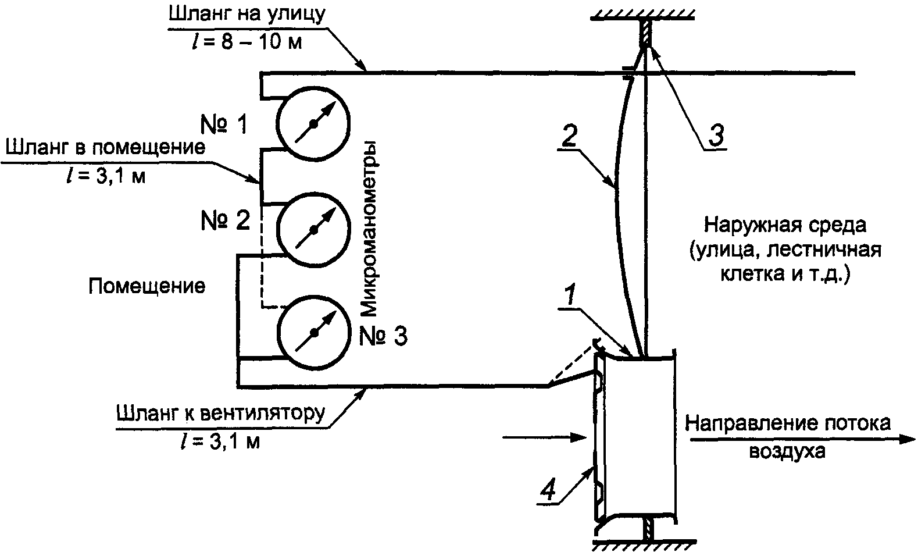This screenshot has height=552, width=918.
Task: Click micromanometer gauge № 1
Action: coord(313,123)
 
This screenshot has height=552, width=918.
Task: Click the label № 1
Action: coord(224,124)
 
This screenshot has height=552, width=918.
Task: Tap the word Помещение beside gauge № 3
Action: coord(147,286)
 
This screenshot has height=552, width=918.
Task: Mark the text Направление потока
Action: coord(787,423)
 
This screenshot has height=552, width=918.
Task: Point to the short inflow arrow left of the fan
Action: coord(543,436)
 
